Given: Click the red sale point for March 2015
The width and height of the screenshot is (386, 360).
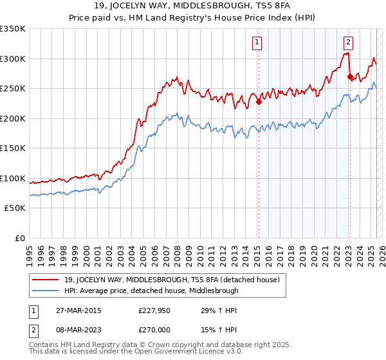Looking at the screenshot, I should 259,101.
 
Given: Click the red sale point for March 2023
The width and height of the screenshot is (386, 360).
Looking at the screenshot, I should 350,76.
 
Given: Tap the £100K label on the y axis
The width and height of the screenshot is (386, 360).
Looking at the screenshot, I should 13,178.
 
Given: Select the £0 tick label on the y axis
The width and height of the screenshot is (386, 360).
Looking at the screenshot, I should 19,238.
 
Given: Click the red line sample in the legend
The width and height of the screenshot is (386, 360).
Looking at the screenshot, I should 46,280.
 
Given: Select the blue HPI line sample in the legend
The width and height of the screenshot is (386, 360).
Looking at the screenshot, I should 46,291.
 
